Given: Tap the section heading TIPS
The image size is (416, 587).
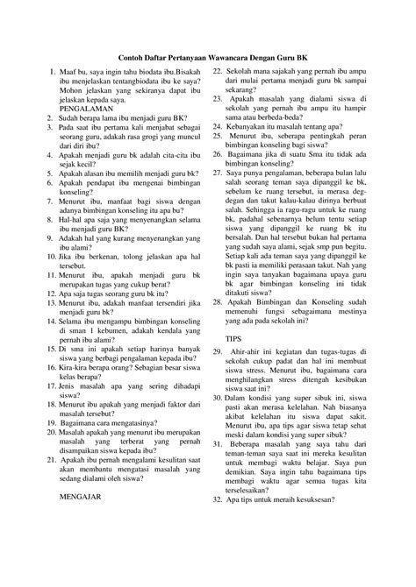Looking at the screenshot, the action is pyautogui.click(x=234, y=337).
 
